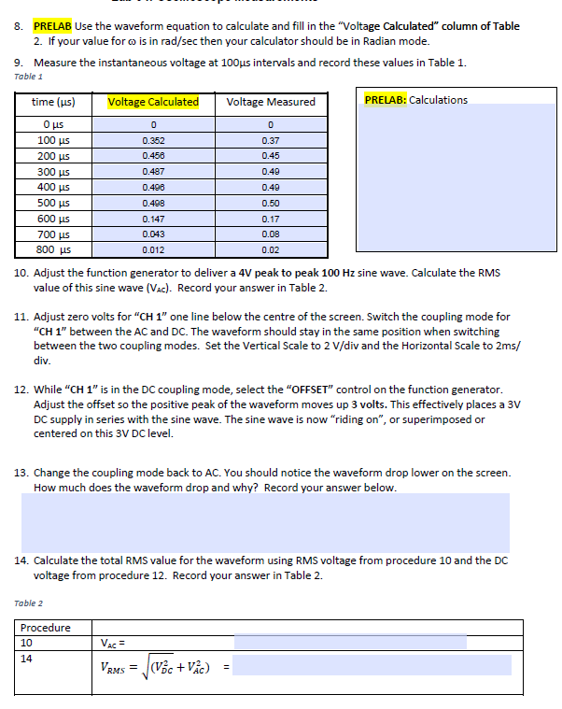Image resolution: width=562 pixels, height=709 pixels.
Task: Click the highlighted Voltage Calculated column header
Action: (153, 102)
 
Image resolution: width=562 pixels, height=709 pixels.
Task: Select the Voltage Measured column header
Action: (271, 102)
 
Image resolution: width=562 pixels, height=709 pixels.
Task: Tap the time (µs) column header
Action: (53, 102)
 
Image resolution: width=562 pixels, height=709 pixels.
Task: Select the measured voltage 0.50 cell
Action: (271, 202)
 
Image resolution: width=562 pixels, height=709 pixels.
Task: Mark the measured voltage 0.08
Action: (271, 234)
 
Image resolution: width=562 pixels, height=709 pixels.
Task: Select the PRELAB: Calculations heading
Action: (416, 100)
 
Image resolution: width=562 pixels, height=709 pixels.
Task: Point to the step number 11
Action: (21, 317)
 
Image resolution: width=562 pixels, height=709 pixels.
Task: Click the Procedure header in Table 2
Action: (46, 628)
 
